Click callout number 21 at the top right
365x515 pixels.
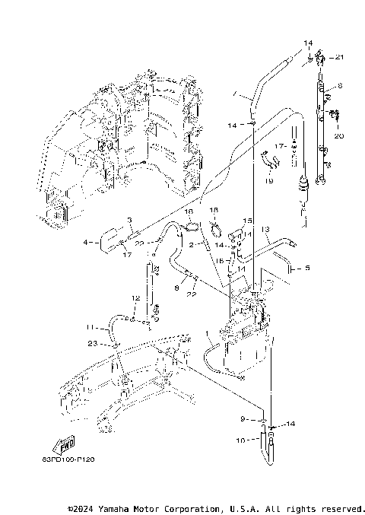pyautogui.click(x=340, y=58)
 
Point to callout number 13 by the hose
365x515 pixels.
pyautogui.click(x=266, y=229)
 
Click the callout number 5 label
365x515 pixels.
pyautogui.click(x=308, y=268)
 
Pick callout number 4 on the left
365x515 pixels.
pyautogui.click(x=87, y=243)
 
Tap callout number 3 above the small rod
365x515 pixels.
pyautogui.click(x=130, y=220)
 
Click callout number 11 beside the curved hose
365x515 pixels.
pyautogui.click(x=89, y=327)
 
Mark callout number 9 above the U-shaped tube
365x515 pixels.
pyautogui.click(x=243, y=418)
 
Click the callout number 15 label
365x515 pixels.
pyautogui.click(x=247, y=221)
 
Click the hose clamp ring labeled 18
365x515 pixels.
pyautogui.click(x=216, y=226)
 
